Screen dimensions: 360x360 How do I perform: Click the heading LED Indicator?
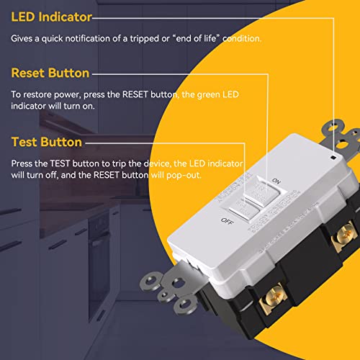[x=51, y=15]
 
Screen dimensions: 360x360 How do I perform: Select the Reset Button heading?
[x=50, y=73]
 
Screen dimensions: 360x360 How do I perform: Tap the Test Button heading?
[x=46, y=142]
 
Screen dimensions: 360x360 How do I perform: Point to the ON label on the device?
[x=274, y=180]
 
